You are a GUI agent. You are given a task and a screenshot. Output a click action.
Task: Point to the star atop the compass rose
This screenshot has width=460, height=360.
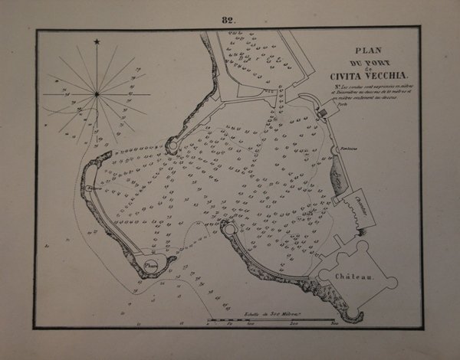97,41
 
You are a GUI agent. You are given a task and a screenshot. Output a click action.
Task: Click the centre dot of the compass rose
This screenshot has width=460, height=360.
97,93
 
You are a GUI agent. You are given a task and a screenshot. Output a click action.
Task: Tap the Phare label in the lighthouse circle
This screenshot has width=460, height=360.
150,266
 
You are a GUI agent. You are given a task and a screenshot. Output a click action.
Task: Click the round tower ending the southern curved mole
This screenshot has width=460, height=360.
228,227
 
